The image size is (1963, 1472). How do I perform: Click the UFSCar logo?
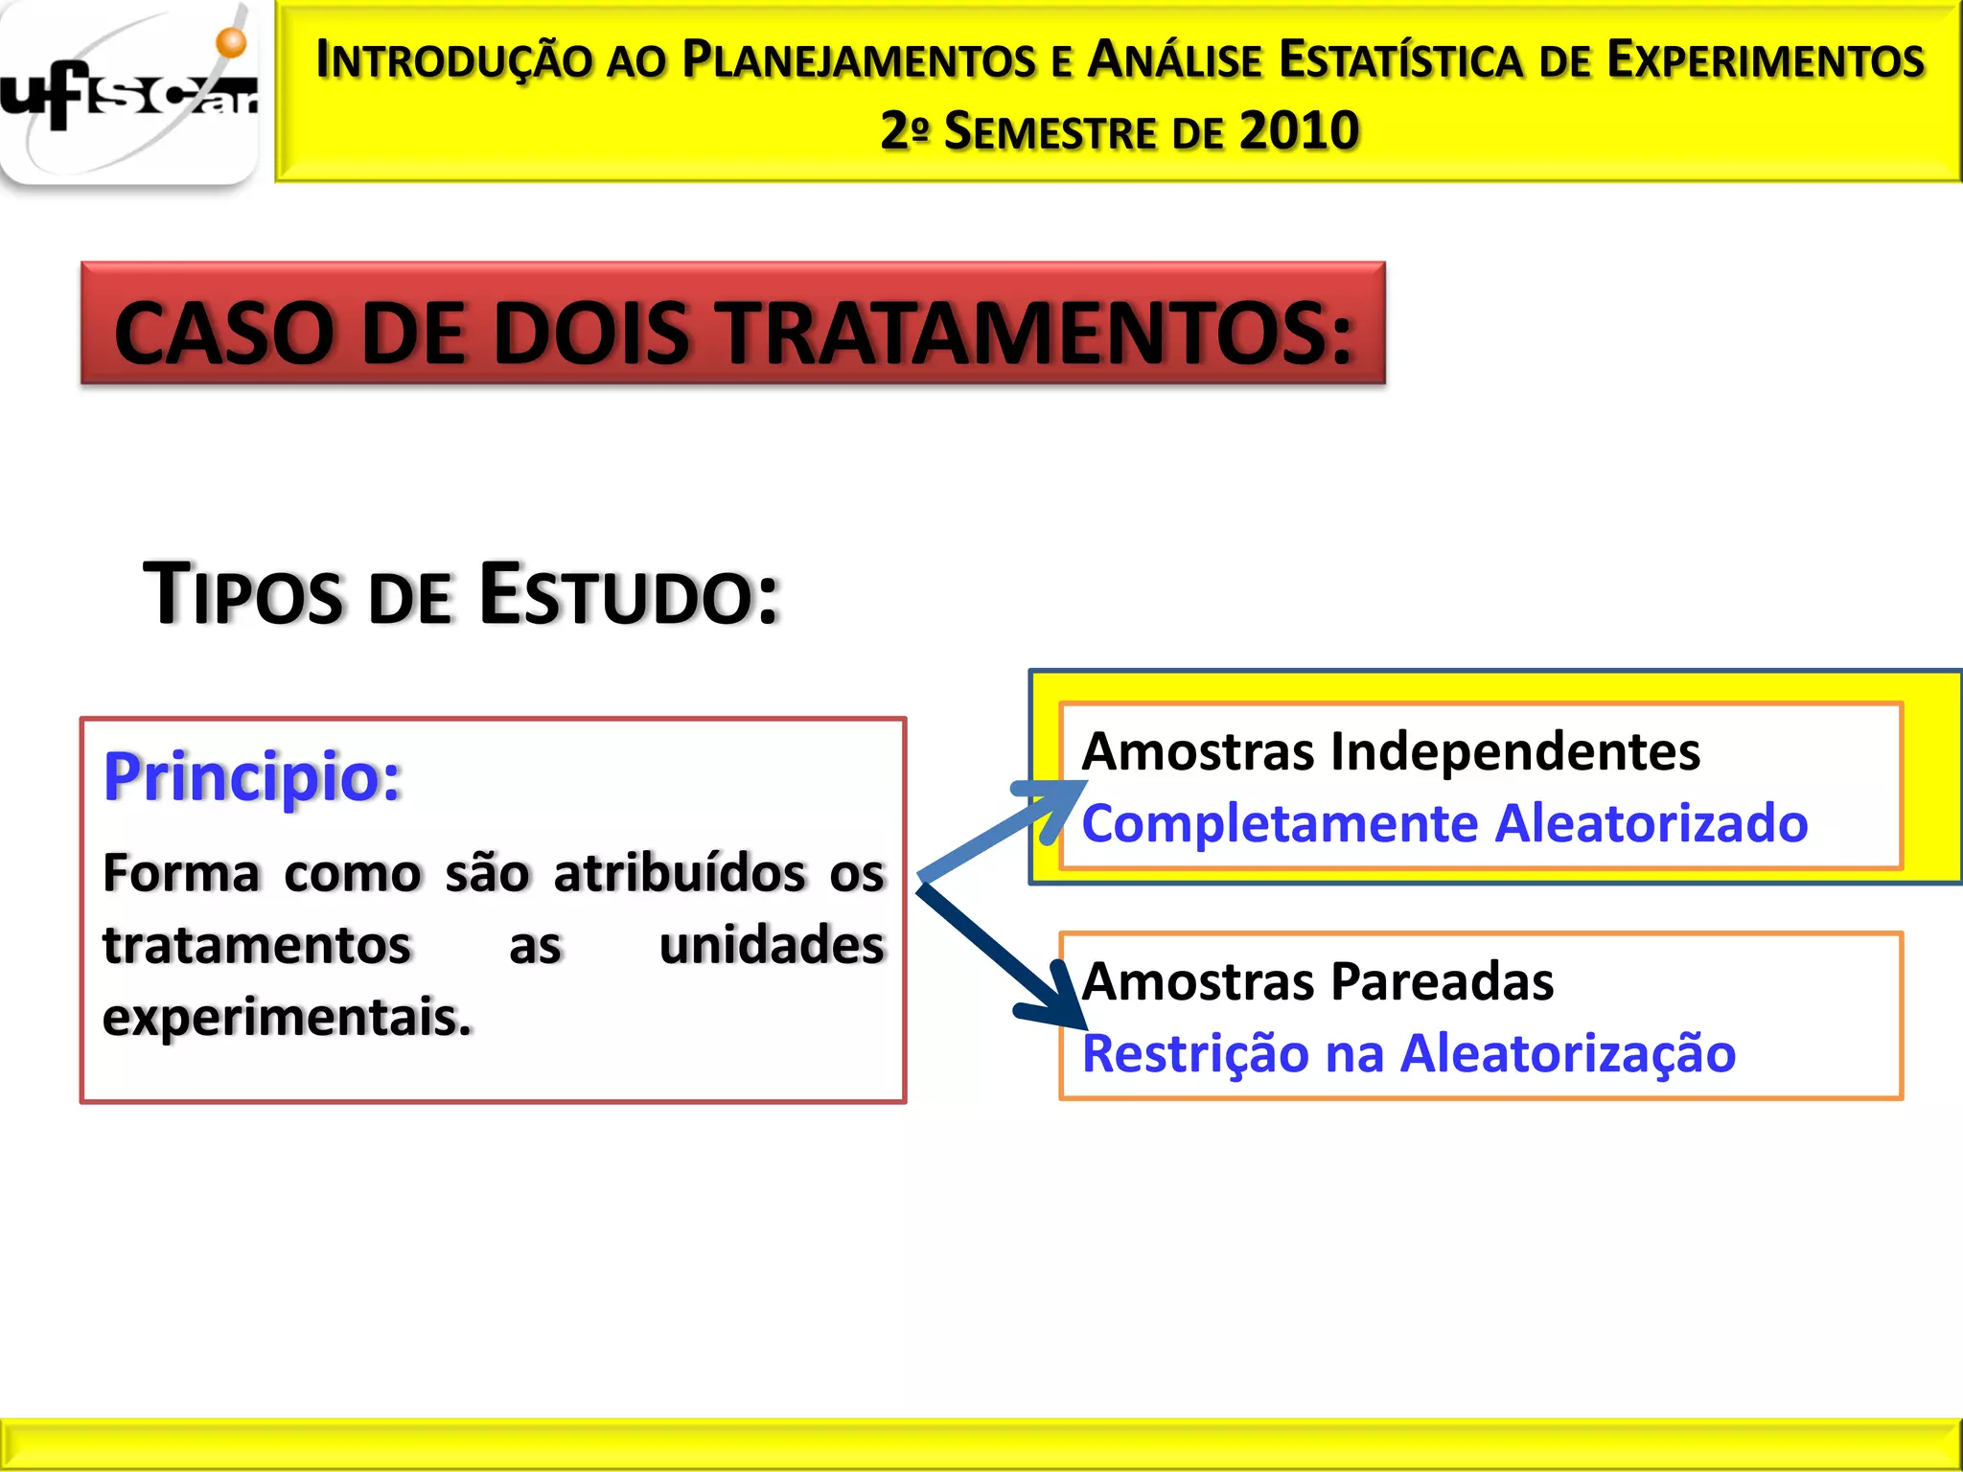[129, 96]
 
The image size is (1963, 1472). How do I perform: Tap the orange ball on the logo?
[231, 42]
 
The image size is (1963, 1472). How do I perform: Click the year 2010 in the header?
[1299, 131]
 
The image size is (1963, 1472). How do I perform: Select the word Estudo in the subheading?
[629, 595]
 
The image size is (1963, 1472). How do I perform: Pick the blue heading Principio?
[252, 776]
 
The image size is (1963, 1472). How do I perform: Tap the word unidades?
[772, 945]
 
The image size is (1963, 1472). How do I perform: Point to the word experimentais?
[287, 1017]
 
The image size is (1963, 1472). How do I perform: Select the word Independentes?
[1514, 750]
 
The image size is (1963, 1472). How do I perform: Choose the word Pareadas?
[1442, 981]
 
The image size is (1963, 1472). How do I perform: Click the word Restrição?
[1194, 1053]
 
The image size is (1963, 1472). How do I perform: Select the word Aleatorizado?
[1651, 823]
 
